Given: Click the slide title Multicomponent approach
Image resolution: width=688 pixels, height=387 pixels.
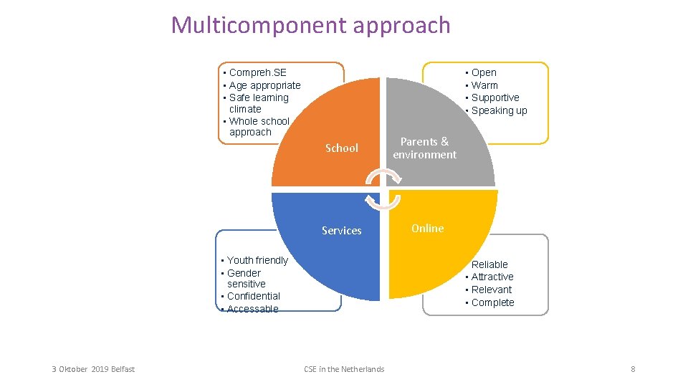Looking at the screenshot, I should click(x=310, y=25).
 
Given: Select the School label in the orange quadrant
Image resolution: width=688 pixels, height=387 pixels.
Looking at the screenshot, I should click(x=341, y=148).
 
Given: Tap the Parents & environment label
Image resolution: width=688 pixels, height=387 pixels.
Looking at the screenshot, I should click(x=424, y=148).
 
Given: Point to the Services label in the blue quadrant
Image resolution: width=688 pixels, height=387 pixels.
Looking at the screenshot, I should click(x=341, y=231).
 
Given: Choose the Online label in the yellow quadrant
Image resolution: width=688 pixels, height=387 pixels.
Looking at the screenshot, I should click(x=427, y=229).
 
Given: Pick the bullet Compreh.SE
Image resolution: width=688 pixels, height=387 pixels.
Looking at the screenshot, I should click(x=257, y=72).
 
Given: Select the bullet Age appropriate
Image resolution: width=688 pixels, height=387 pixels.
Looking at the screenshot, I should click(x=264, y=85).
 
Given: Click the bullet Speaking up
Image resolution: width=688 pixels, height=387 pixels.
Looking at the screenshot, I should click(x=499, y=110).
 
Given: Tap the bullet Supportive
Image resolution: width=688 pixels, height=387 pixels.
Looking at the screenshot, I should click(x=495, y=97).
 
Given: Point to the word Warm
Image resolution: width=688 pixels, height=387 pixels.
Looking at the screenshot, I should click(x=484, y=85).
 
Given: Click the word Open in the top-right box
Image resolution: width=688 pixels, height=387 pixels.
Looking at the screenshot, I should click(x=484, y=72).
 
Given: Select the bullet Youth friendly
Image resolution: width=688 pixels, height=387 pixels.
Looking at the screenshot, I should click(x=257, y=260).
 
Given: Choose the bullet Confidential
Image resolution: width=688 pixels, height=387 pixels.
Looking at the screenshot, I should click(x=253, y=296).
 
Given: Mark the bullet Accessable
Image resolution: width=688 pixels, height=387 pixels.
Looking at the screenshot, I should click(x=252, y=309).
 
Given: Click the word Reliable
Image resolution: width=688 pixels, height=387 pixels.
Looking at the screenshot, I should click(x=489, y=264).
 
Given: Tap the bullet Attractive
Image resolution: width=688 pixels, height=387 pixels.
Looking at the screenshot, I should click(x=492, y=277).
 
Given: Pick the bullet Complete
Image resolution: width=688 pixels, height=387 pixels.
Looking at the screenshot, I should click(x=492, y=302).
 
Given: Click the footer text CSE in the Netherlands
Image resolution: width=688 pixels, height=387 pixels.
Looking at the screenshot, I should click(x=344, y=369).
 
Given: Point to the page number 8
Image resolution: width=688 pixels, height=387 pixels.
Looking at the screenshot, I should click(x=633, y=369).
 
